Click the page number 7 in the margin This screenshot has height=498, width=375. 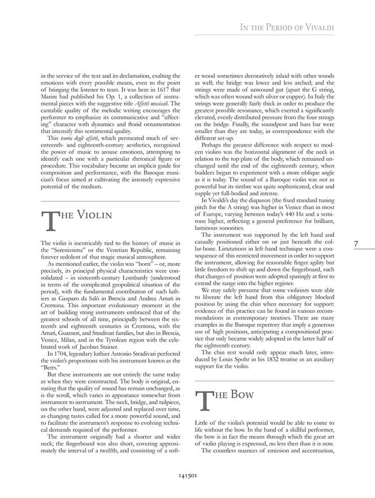(357, 244)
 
